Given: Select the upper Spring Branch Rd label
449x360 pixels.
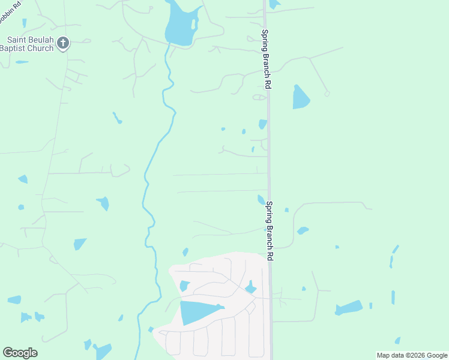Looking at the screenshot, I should tap(265, 60).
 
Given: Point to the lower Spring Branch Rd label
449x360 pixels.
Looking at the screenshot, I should tap(271, 230).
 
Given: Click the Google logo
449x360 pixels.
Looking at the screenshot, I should tap(20, 353).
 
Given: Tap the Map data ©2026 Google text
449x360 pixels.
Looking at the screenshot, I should tap(412, 355).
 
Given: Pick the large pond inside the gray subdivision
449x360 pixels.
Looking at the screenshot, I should tap(198, 312).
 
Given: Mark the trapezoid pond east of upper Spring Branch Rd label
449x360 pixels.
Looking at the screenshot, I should tap(300, 97).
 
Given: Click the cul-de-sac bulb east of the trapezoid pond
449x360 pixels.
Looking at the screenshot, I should tap(327, 94).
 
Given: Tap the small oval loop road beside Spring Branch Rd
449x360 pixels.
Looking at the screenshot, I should tap(259, 97).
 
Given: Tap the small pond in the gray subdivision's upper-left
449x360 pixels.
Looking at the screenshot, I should tap(184, 286).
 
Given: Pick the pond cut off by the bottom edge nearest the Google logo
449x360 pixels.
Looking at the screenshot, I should tap(103, 352).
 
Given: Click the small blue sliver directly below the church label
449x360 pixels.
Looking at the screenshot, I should tap(22, 62).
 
